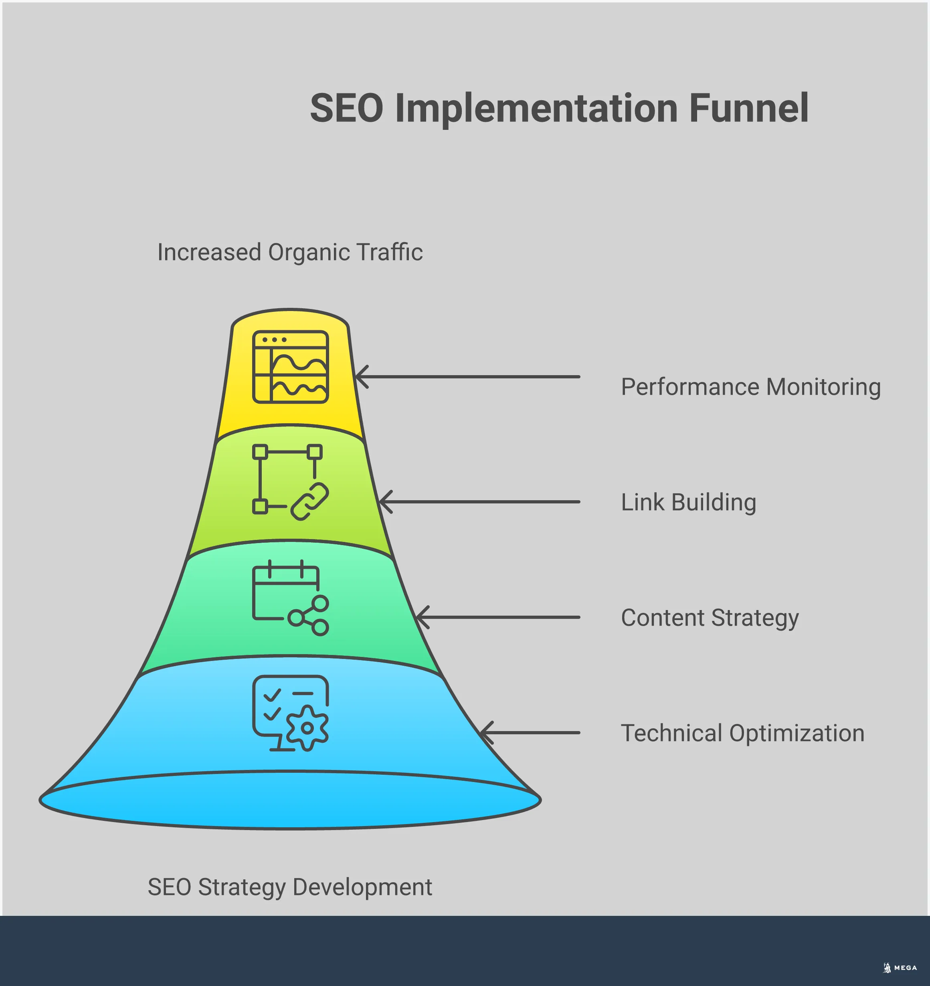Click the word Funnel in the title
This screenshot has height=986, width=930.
[x=748, y=108]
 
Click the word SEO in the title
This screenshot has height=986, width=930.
[x=347, y=108]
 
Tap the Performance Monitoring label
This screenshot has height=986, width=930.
[x=750, y=387]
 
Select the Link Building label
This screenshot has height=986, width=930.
[x=688, y=503]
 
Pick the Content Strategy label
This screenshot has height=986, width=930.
[x=710, y=618]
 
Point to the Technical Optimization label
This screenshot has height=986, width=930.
[x=742, y=733]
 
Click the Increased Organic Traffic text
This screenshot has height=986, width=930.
[x=290, y=253]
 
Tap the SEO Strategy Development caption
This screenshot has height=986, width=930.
[x=290, y=887]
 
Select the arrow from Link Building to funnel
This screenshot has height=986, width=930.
[x=479, y=502]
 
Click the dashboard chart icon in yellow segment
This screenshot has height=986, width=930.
[x=291, y=367]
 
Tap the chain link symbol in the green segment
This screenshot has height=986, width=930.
[x=309, y=501]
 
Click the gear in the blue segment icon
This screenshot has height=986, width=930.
[x=307, y=728]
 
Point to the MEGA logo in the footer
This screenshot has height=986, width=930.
[x=900, y=968]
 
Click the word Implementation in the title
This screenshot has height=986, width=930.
[x=536, y=108]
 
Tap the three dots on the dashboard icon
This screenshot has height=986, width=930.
[x=274, y=340]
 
